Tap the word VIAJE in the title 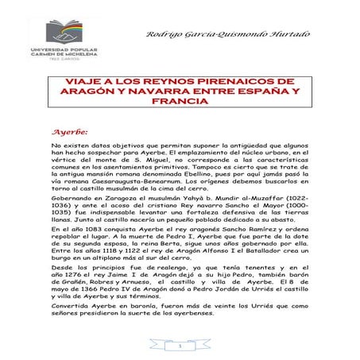click(x=83, y=82)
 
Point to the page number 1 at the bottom click(x=180, y=346)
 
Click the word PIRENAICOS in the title click(x=231, y=82)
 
